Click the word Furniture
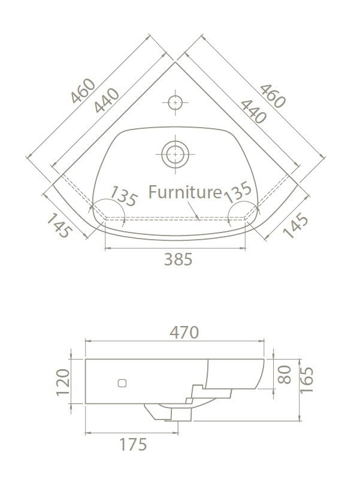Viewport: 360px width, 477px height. (x=185, y=192)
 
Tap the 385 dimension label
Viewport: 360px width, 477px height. (x=178, y=259)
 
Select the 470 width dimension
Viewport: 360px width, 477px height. (x=184, y=333)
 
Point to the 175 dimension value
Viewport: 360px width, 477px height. (x=133, y=445)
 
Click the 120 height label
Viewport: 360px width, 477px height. (x=63, y=382)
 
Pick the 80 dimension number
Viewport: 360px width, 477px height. (x=285, y=375)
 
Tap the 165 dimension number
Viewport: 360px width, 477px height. (x=307, y=381)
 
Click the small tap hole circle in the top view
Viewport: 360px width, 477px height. (x=175, y=102)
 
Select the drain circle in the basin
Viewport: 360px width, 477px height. (x=175, y=154)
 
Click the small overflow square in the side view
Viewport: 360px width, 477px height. (x=122, y=384)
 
